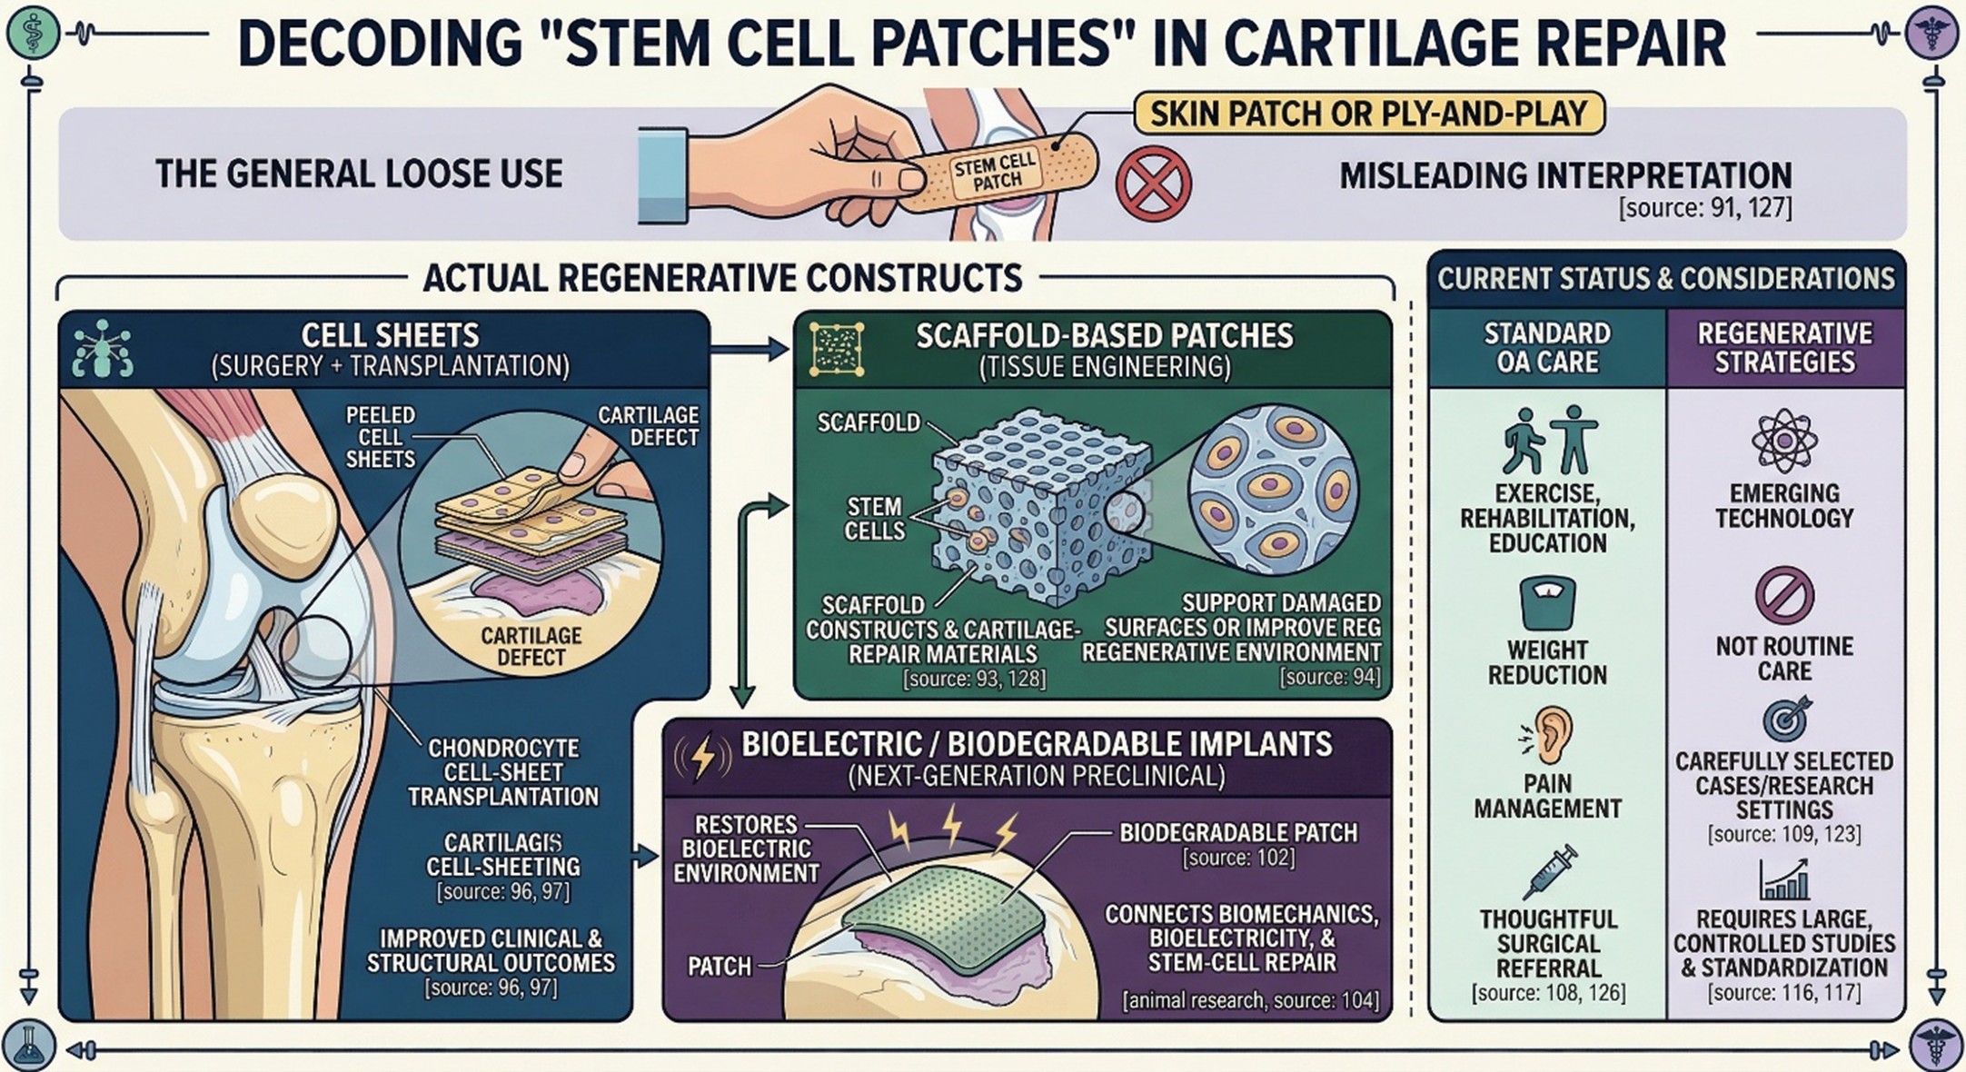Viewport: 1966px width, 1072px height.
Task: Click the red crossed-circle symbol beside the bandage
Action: tap(1153, 184)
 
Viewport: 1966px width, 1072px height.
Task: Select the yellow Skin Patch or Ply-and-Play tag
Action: tap(1368, 114)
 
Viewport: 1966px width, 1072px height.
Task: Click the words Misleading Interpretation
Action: tap(1565, 175)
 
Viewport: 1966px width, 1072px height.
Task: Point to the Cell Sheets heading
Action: tap(390, 336)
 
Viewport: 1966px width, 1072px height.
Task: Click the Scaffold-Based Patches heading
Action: tap(1104, 336)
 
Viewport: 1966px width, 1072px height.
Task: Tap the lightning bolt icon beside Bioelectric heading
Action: tap(702, 758)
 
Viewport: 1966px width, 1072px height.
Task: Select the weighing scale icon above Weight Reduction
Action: tap(1547, 603)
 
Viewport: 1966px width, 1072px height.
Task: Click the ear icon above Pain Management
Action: tap(1547, 734)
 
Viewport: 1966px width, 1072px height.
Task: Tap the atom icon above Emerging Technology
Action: tap(1783, 442)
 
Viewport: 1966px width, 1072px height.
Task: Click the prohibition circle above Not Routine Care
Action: tap(1783, 596)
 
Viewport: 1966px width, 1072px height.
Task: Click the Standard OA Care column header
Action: tap(1547, 348)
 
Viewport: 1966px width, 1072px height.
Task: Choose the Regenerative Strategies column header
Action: tap(1784, 348)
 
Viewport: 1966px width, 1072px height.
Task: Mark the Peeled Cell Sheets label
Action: tap(381, 437)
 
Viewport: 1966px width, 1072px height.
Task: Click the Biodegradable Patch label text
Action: tap(1237, 833)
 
